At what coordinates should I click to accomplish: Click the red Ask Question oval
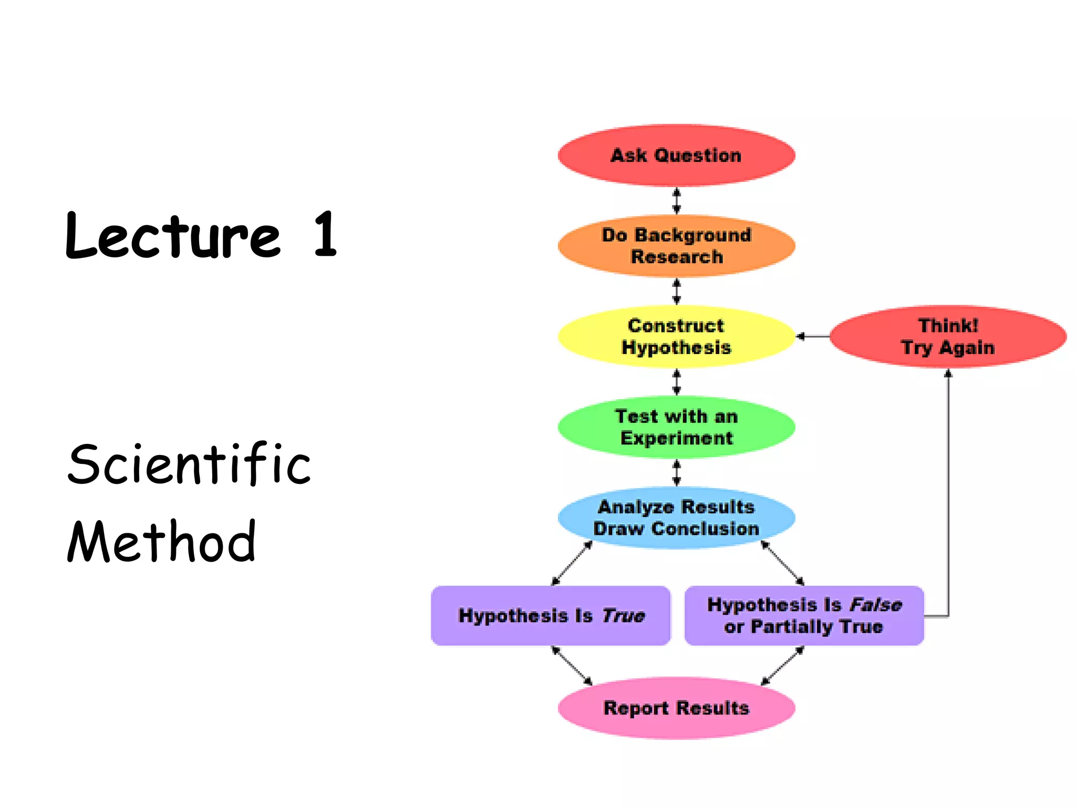[x=676, y=156]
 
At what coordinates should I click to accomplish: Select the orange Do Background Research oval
[x=676, y=246]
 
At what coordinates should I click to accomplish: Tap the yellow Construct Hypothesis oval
[x=676, y=336]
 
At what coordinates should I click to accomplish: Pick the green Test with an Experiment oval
[x=676, y=427]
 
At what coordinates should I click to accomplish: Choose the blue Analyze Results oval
[x=676, y=518]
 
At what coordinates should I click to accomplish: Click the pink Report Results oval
[x=676, y=708]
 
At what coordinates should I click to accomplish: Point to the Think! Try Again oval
[x=948, y=337]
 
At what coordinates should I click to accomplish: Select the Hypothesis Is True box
[x=551, y=615]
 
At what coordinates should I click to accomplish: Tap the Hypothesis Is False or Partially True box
[x=804, y=615]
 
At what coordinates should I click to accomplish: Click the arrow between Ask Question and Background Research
[x=677, y=201]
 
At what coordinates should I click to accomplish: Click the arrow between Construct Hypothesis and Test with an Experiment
[x=677, y=382]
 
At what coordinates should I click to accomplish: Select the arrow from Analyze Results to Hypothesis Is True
[x=572, y=563]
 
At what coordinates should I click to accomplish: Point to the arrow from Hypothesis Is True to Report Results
[x=572, y=666]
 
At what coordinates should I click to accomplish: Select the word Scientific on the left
[x=189, y=463]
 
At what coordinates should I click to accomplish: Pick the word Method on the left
[x=162, y=541]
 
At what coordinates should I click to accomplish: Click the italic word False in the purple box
[x=876, y=605]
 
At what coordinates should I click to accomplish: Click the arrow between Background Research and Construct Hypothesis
[x=677, y=292]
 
